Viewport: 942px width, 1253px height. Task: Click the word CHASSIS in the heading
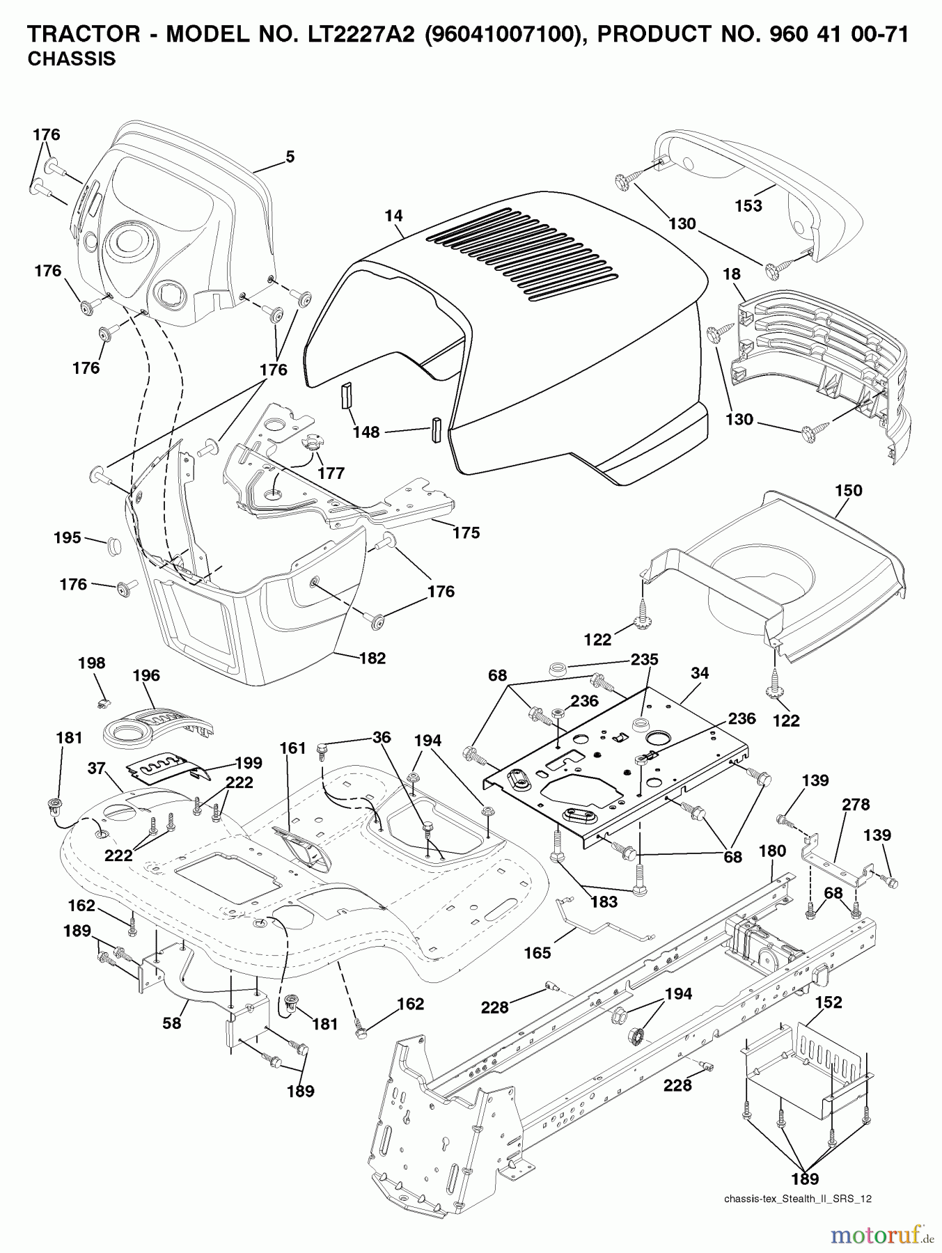pyautogui.click(x=71, y=60)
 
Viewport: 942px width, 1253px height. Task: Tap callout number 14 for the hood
pyautogui.click(x=394, y=216)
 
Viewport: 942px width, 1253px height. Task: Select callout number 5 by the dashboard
pyautogui.click(x=290, y=157)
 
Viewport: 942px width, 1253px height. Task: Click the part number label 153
pyautogui.click(x=748, y=206)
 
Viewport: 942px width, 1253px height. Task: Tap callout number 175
pyautogui.click(x=466, y=533)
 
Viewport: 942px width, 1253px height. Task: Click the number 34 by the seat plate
pyautogui.click(x=700, y=672)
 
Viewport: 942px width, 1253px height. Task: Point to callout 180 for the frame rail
pyautogui.click(x=772, y=851)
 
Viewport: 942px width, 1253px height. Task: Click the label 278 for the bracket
pyautogui.click(x=856, y=804)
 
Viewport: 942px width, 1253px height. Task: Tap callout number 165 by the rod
pyautogui.click(x=537, y=953)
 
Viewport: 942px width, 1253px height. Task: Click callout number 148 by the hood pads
pyautogui.click(x=366, y=432)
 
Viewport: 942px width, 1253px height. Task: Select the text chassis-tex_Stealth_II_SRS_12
pyautogui.click(x=797, y=1199)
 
